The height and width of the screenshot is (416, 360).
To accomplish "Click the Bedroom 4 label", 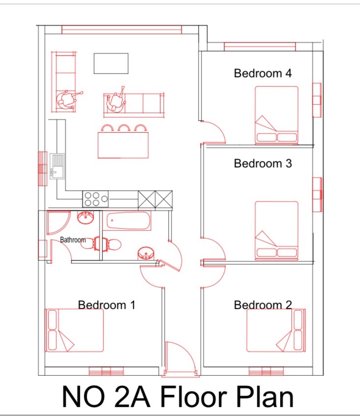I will pyautogui.click(x=263, y=73).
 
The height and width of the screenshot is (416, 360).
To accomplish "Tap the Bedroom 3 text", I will pyautogui.click(x=263, y=163).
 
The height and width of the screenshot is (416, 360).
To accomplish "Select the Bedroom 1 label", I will pyautogui.click(x=106, y=305).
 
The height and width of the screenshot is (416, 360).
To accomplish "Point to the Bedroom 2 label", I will pyautogui.click(x=263, y=305).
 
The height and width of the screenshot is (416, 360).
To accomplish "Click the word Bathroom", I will pyautogui.click(x=73, y=240).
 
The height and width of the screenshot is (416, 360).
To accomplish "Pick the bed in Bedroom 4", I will pyautogui.click(x=276, y=115).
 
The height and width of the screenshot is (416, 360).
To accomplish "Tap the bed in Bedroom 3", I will pyautogui.click(x=276, y=230).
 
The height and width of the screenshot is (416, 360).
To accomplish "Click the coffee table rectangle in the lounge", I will pyautogui.click(x=111, y=63).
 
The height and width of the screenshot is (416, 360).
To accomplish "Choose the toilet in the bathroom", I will pyautogui.click(x=112, y=244).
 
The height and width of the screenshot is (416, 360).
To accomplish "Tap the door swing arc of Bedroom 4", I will pyautogui.click(x=215, y=131).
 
